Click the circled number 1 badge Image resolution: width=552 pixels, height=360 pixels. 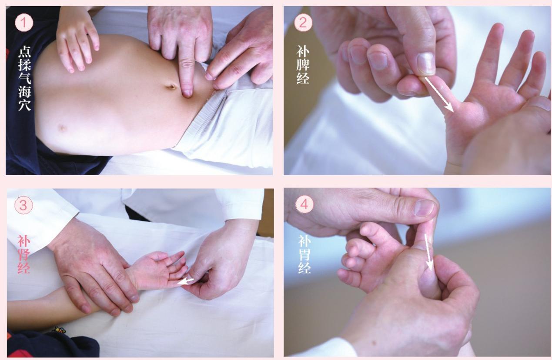click(x=24, y=23)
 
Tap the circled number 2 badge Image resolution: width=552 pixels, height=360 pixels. click(x=303, y=23)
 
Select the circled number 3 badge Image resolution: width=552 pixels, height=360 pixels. click(x=23, y=205)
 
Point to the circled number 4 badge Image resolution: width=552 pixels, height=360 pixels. click(x=304, y=204)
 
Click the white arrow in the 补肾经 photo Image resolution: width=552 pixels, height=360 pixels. click(x=186, y=281)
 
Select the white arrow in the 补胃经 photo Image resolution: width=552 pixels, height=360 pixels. click(x=428, y=253)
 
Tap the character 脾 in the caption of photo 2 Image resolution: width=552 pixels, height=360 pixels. click(x=303, y=64)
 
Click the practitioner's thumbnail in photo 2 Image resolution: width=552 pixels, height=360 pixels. click(x=425, y=64)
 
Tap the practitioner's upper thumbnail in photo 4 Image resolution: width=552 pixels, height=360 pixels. click(x=425, y=208)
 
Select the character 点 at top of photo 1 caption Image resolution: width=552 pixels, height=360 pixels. click(x=25, y=51)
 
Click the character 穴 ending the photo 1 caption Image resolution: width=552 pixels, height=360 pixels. click(x=25, y=105)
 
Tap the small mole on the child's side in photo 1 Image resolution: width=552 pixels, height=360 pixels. click(x=62, y=128)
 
